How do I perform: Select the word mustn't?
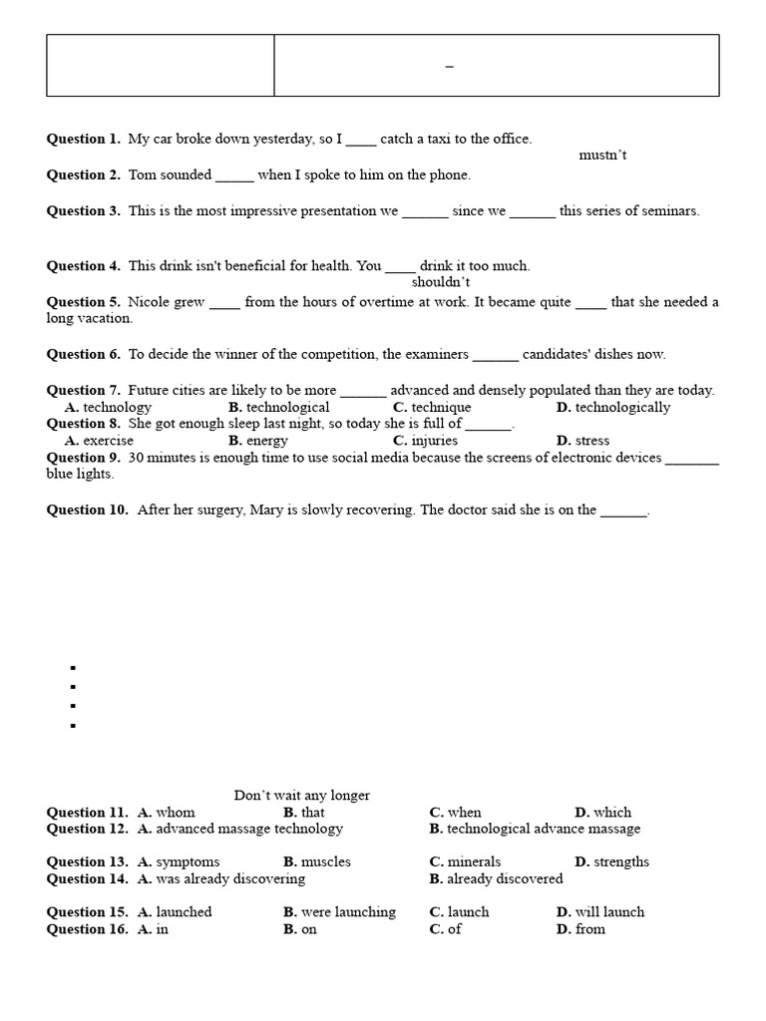coord(602,156)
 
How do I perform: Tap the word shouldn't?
coord(441,282)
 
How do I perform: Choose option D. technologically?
coord(613,407)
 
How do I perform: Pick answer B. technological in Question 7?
coord(278,407)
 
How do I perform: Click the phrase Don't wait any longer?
coord(301,795)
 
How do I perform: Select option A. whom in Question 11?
coord(167,812)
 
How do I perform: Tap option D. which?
coord(603,812)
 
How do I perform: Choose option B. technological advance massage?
coord(535,829)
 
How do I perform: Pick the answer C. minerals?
coord(465,861)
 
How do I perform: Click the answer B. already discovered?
coord(496,878)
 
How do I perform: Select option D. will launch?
coord(600,911)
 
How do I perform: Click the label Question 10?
coord(87,510)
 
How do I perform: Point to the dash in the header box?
coord(449,67)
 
